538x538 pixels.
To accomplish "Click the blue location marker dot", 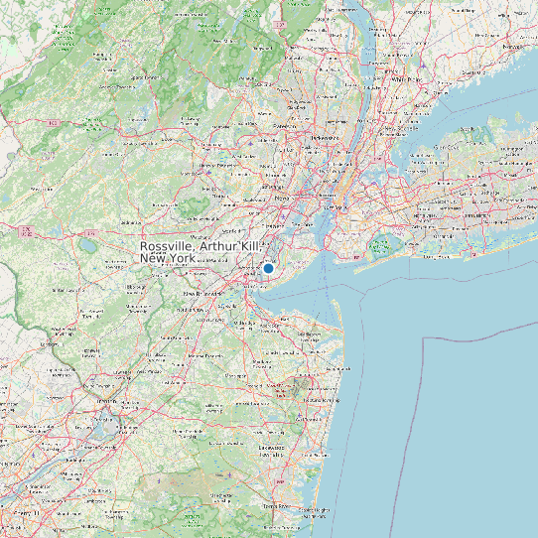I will tap(268, 268).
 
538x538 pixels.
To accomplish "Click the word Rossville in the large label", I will tap(168, 246).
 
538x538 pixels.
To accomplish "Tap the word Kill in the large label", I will tap(250, 246).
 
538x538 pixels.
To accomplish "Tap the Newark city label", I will tap(281, 199).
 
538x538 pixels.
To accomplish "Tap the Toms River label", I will tap(281, 505).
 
